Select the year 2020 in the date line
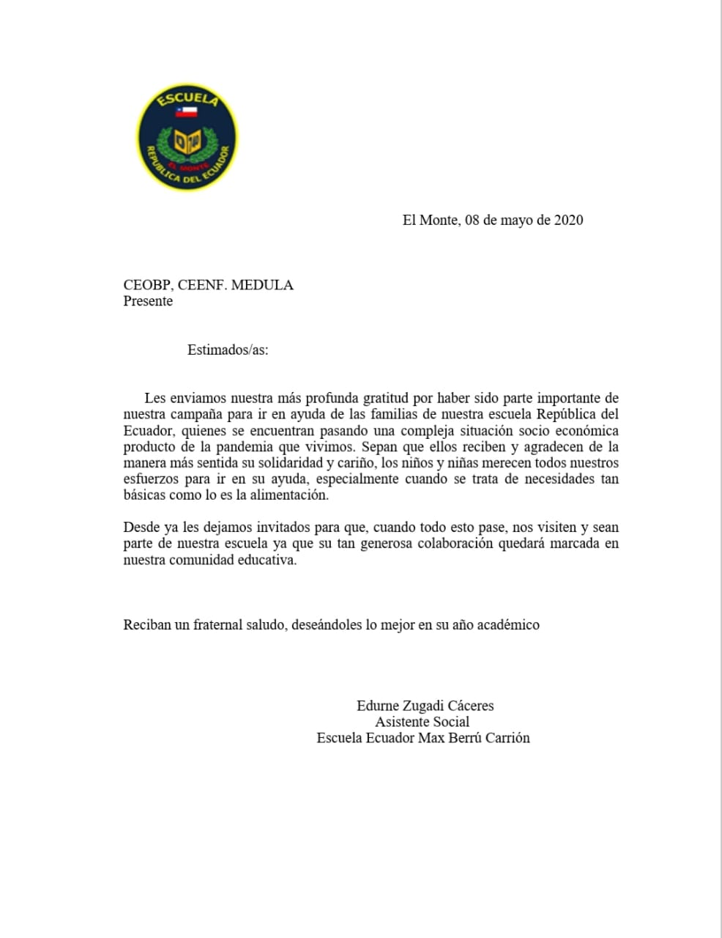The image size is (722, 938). tap(568, 220)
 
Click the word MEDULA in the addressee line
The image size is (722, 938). tap(262, 285)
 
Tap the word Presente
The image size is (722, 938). tap(148, 301)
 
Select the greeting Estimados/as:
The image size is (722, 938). tap(228, 350)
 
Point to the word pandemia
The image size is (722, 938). tap(241, 447)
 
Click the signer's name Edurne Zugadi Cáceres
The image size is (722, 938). tap(425, 706)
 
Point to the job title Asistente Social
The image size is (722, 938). tap(423, 722)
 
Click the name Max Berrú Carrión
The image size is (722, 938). tap(474, 738)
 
